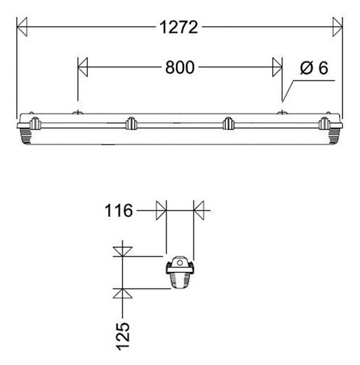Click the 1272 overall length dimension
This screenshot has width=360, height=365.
click(x=179, y=28)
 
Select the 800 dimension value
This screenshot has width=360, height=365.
click(x=179, y=68)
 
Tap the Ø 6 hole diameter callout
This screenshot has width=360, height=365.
click(x=313, y=68)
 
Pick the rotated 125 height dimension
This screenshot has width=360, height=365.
click(x=122, y=335)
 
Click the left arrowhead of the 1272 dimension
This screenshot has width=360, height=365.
click(x=22, y=28)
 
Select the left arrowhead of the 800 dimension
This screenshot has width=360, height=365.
click(x=84, y=67)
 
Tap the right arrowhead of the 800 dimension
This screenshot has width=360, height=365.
click(x=277, y=67)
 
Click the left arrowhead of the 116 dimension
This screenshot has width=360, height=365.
click(x=161, y=210)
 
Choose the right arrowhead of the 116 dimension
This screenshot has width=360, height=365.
click(x=199, y=210)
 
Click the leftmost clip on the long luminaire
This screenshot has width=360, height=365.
click(x=33, y=123)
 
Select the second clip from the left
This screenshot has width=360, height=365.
click(x=131, y=123)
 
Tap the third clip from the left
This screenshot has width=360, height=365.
click(x=228, y=123)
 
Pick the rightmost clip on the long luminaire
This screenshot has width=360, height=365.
click(x=325, y=123)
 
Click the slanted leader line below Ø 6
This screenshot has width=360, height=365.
click(x=288, y=92)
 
